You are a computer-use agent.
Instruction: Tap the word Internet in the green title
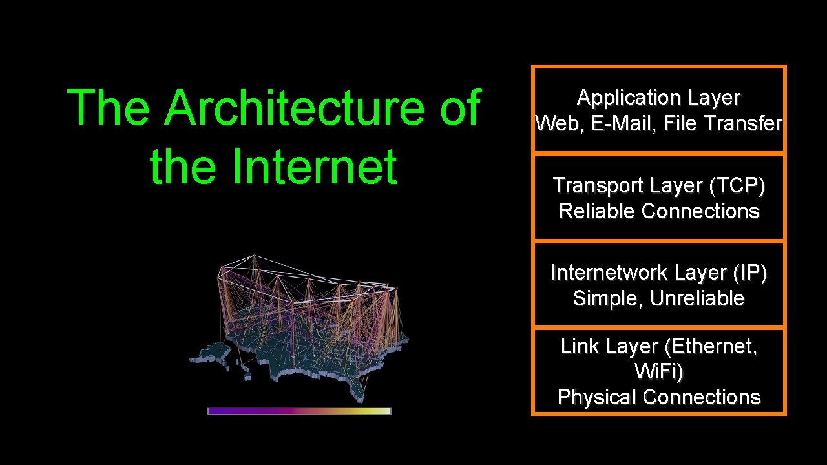[314, 167]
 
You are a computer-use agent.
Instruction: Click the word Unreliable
[697, 298]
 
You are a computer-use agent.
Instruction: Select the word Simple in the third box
[608, 298]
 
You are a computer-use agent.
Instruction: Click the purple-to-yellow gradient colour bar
[299, 411]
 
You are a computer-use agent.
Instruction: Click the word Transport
[595, 185]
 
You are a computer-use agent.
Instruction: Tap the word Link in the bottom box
[575, 347]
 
